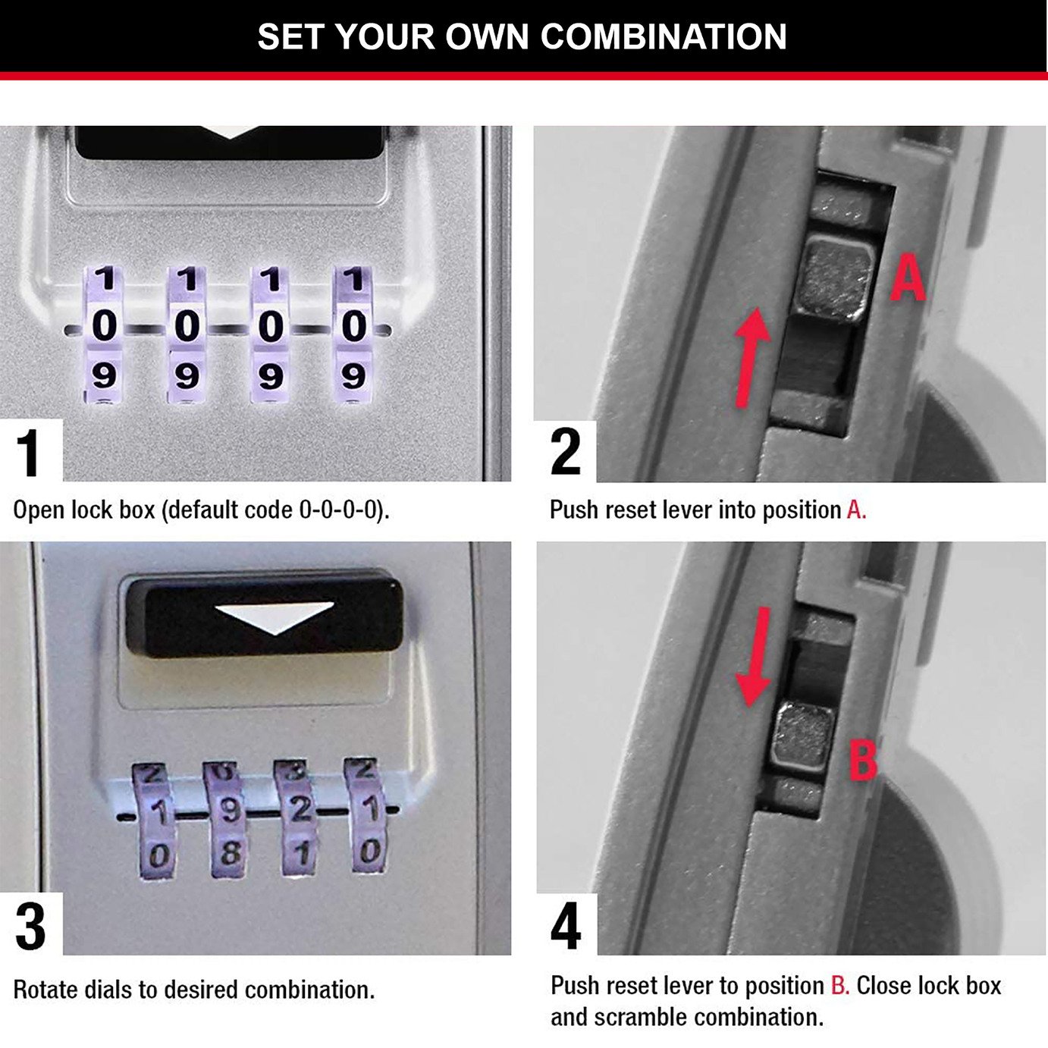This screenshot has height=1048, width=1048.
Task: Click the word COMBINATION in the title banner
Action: (664, 36)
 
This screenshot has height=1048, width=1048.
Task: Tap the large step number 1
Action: (29, 453)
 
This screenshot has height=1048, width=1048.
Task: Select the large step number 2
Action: (566, 452)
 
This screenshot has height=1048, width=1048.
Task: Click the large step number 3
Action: (30, 927)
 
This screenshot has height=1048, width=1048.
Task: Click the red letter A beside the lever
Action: (908, 279)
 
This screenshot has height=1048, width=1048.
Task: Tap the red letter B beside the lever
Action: (863, 761)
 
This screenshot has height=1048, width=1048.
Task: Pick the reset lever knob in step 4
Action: (804, 736)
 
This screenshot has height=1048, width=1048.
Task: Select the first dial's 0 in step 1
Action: (104, 326)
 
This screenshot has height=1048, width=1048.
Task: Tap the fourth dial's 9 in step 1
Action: (353, 375)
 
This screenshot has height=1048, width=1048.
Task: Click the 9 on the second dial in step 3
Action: (228, 811)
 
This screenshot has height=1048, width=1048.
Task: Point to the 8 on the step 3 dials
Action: (229, 854)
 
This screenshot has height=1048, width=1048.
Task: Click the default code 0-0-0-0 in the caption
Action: (338, 510)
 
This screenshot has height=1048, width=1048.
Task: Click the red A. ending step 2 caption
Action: (856, 510)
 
